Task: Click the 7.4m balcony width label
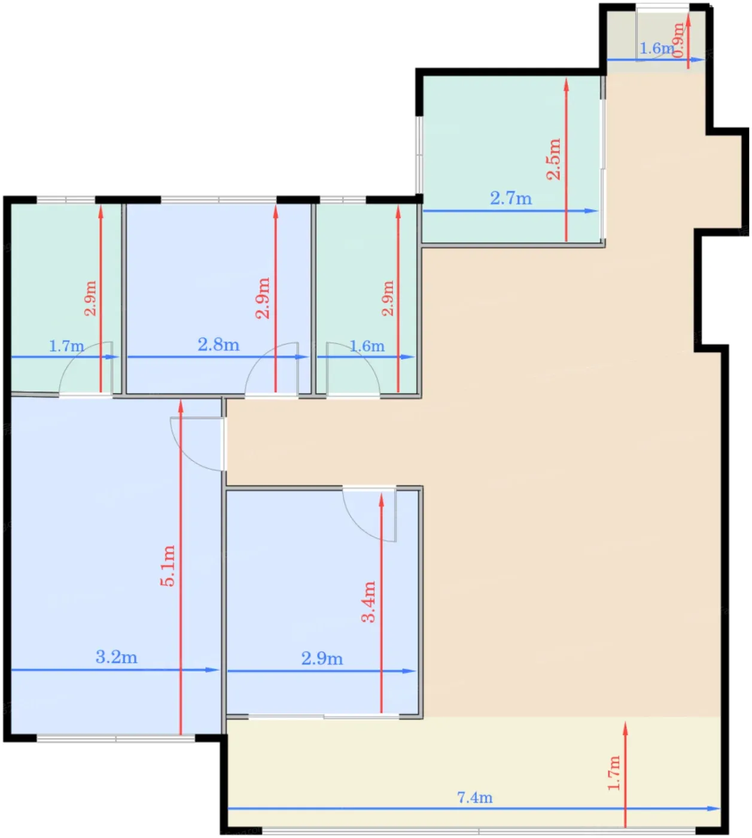474,797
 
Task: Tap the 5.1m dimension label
168,566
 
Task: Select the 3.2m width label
116,657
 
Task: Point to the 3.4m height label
369,602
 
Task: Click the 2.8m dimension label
218,345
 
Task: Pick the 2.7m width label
511,199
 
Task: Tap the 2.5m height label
553,159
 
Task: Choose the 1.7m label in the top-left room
66,346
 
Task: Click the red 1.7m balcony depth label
614,773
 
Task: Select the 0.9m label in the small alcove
678,40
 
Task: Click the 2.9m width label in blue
322,658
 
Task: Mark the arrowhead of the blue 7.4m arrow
714,808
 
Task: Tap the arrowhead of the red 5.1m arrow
181,406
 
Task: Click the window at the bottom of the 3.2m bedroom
115,739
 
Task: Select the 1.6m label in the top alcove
656,49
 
